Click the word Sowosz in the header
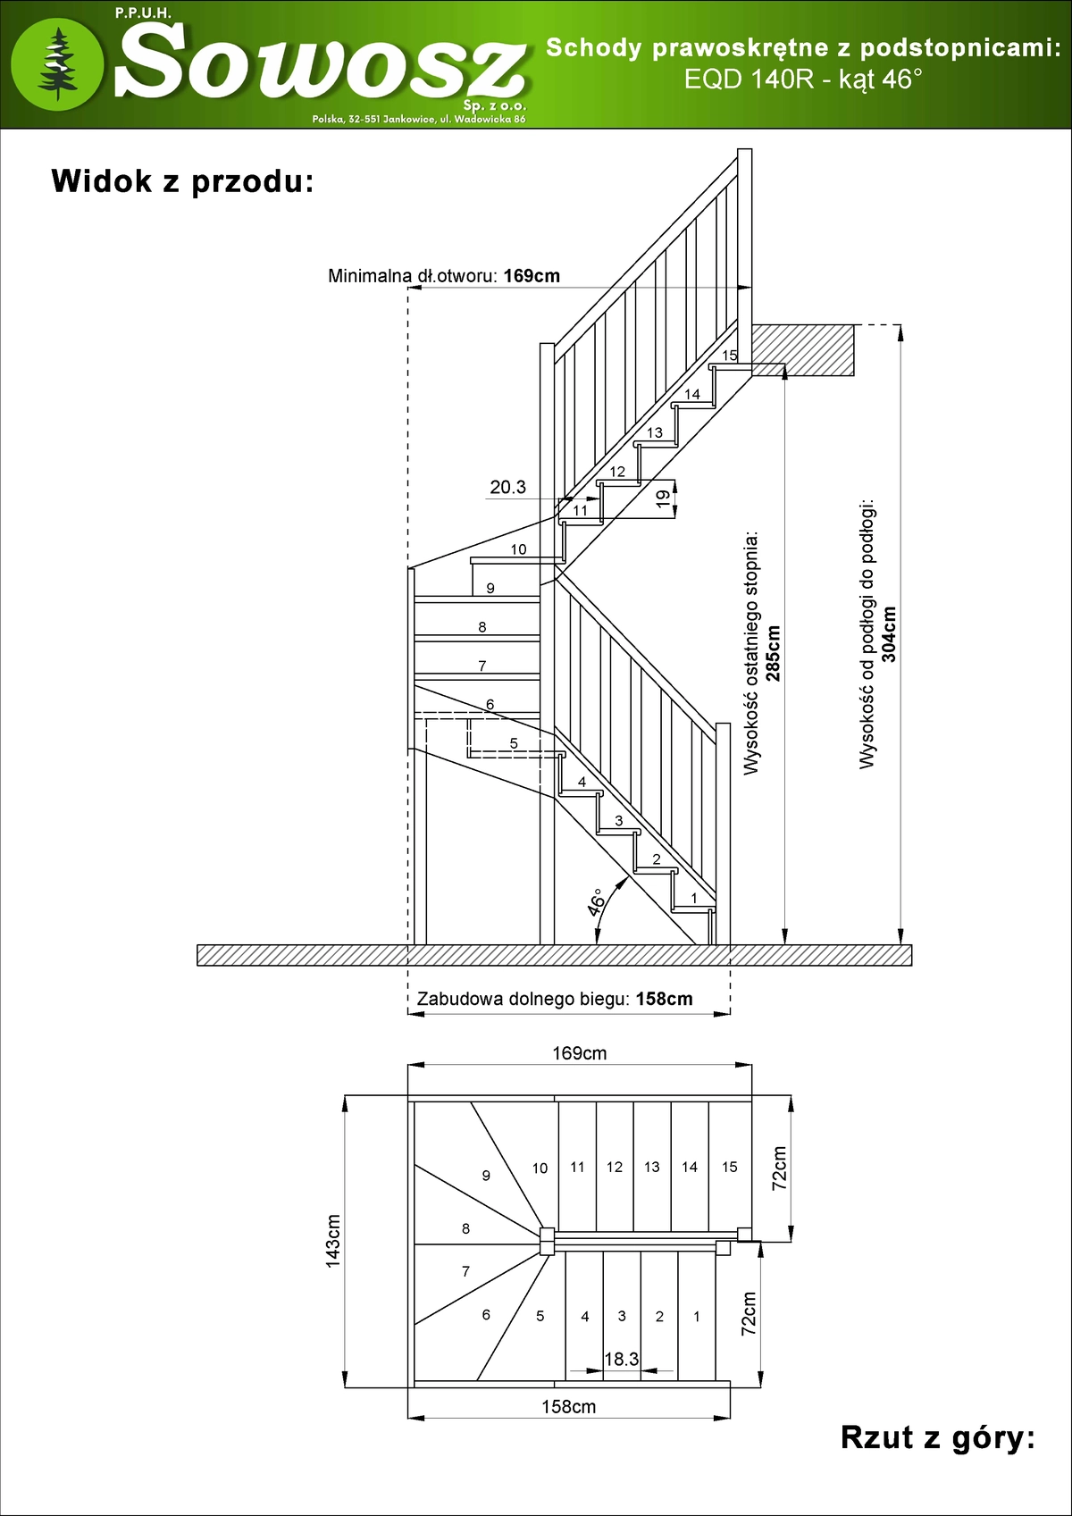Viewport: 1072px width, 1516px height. (320, 63)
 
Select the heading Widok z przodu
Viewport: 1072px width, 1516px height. (183, 181)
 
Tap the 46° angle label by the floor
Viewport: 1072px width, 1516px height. (597, 902)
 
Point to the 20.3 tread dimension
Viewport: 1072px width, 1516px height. (507, 487)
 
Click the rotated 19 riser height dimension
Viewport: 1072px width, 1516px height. (663, 499)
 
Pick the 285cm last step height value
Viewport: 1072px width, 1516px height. (774, 653)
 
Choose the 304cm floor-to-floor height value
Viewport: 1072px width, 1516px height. (889, 634)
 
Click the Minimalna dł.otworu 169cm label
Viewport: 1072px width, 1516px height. (444, 276)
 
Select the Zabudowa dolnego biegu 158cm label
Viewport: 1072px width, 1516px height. (555, 999)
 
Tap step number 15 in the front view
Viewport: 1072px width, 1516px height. (730, 356)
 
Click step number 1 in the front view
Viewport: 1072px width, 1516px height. (694, 898)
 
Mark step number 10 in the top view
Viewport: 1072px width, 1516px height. (540, 1168)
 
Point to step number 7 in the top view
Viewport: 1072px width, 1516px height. (465, 1271)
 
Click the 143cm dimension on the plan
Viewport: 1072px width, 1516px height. (333, 1240)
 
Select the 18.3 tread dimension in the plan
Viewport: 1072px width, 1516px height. (621, 1359)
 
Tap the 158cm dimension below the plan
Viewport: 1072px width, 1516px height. (568, 1407)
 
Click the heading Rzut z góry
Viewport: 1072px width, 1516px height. (937, 1438)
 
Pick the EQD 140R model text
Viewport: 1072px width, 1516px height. (749, 80)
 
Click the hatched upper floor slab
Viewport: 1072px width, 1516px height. (802, 348)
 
